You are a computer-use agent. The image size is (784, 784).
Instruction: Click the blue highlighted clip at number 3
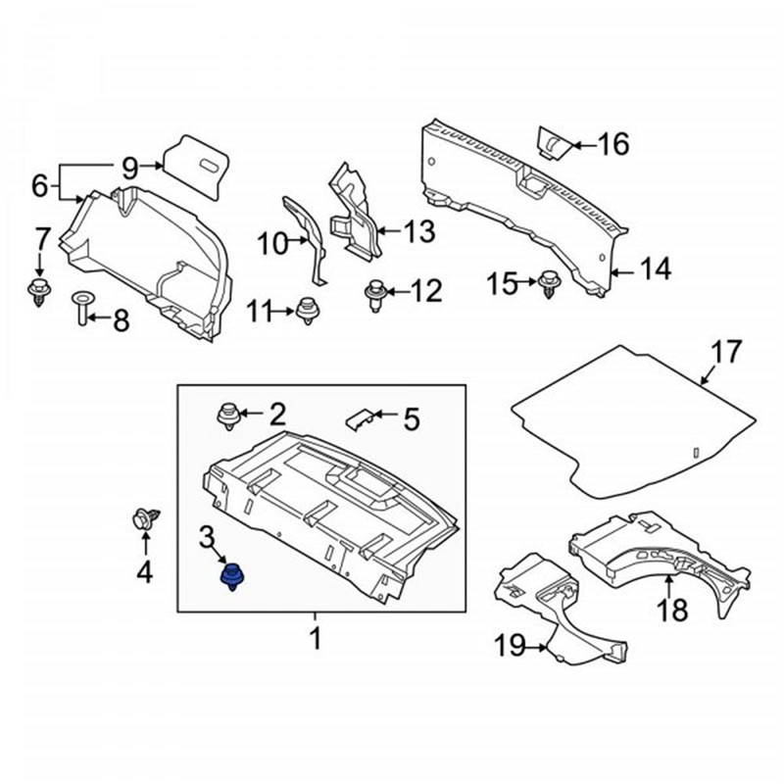pos(232,577)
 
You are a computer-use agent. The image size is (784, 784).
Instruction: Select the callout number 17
pos(727,352)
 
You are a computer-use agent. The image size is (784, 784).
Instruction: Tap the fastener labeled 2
pos(227,415)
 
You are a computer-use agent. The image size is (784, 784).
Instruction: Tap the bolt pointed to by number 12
pos(374,293)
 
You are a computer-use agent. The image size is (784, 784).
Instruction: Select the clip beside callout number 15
pos(550,284)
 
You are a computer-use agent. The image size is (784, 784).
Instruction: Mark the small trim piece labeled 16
pos(553,143)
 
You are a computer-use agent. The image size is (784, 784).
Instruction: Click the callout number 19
pos(510,647)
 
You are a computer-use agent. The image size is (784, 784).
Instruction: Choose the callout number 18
pos(671,611)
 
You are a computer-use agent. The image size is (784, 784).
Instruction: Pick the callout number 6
pos(39,183)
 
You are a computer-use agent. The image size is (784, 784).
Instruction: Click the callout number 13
pos(418,232)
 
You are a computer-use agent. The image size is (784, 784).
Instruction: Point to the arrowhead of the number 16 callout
pos(573,146)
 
